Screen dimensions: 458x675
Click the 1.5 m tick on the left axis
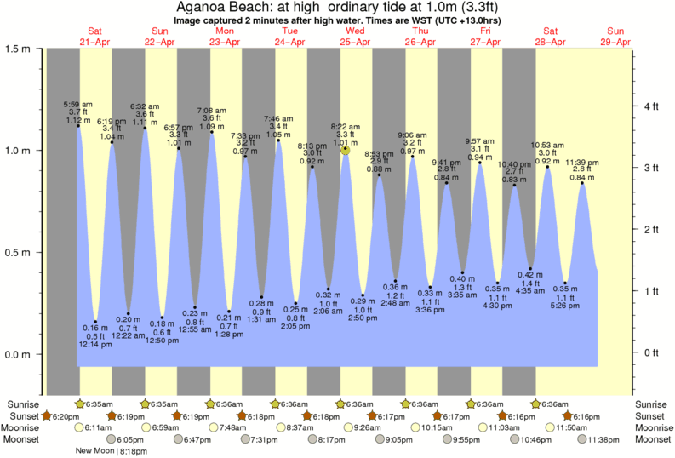(18, 49)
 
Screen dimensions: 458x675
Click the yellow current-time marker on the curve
(346, 150)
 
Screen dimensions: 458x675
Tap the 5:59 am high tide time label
(78, 104)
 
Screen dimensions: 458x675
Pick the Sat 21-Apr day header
(94, 36)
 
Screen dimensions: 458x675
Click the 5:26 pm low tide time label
(566, 306)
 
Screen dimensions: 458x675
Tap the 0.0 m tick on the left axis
(18, 355)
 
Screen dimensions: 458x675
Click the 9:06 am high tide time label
(413, 135)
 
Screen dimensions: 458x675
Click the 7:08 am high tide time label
(212, 111)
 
